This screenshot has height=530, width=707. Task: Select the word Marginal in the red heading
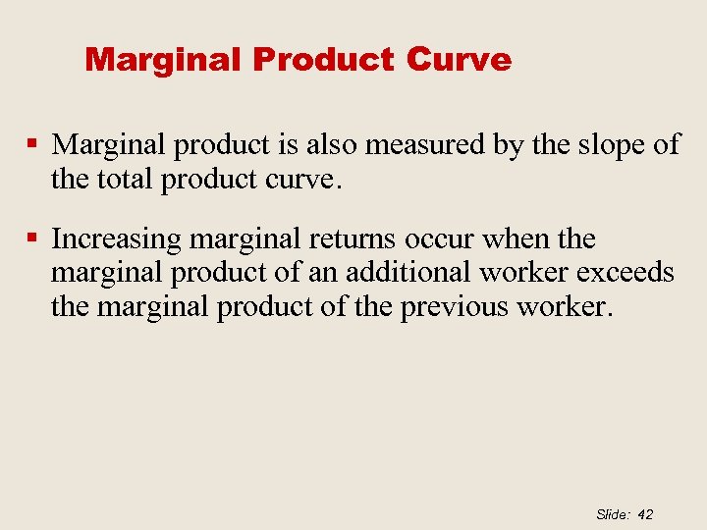(164, 60)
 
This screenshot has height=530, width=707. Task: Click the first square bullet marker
(32, 144)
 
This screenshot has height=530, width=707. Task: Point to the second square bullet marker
(32, 238)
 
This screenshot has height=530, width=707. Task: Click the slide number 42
(645, 514)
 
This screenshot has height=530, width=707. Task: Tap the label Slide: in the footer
(612, 514)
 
